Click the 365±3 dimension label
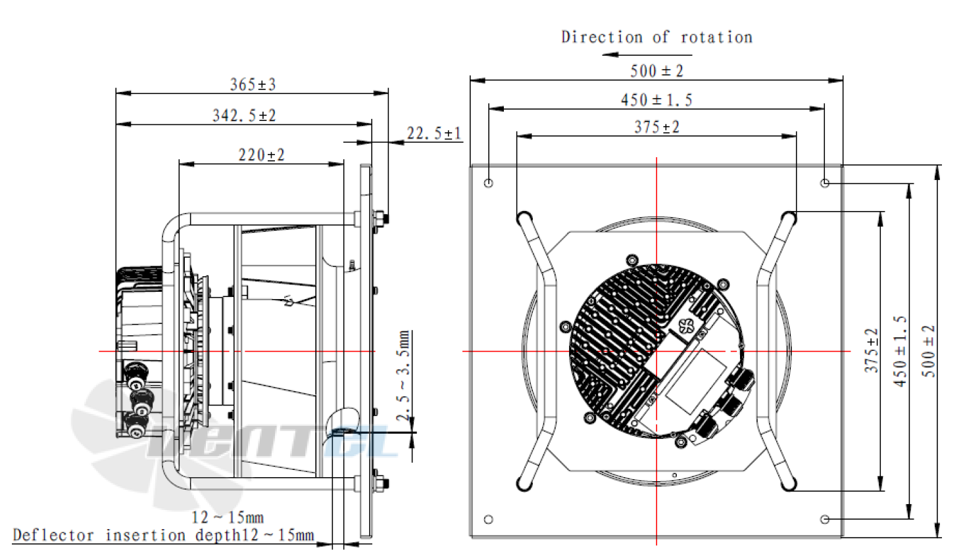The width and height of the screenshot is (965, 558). pyautogui.click(x=253, y=85)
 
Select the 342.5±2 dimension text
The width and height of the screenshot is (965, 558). pyautogui.click(x=244, y=116)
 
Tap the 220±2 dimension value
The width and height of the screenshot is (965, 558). pyautogui.click(x=261, y=155)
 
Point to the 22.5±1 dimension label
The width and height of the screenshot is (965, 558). pyautogui.click(x=433, y=133)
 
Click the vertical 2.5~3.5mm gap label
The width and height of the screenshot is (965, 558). pyautogui.click(x=403, y=375)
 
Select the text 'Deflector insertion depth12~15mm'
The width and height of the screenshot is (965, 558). pyautogui.click(x=163, y=535)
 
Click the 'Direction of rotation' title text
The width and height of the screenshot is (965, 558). pyautogui.click(x=656, y=37)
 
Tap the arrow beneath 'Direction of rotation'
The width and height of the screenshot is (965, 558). pyautogui.click(x=628, y=55)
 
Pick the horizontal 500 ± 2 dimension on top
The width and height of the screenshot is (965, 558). pyautogui.click(x=656, y=71)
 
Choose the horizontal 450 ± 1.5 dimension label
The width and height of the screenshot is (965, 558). pyautogui.click(x=656, y=100)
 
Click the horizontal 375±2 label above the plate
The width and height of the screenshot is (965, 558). pyautogui.click(x=656, y=127)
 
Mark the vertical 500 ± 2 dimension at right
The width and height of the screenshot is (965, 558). pyautogui.click(x=928, y=351)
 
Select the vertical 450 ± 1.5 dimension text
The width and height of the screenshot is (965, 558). pyautogui.click(x=900, y=351)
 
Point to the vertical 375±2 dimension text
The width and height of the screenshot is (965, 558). pyautogui.click(x=871, y=351)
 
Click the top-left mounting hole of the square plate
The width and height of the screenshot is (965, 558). pyautogui.click(x=488, y=183)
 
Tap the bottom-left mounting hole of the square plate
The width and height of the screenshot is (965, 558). pyautogui.click(x=488, y=519)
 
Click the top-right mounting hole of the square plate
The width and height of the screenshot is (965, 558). pyautogui.click(x=825, y=183)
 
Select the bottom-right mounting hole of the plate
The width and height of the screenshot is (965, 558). pyautogui.click(x=825, y=519)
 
